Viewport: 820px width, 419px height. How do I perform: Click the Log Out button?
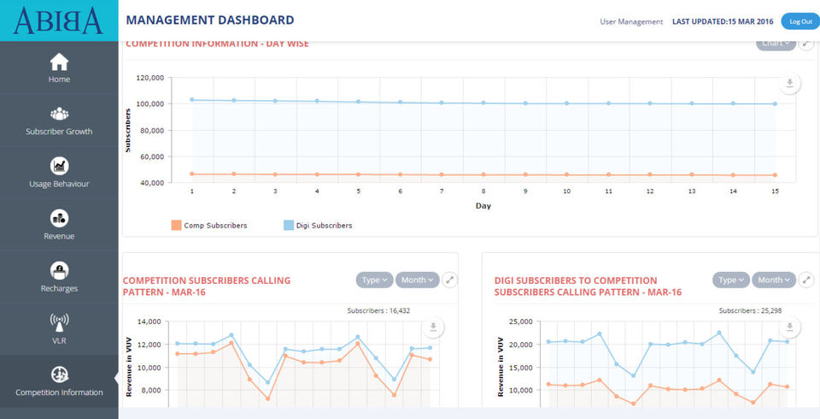[800, 21]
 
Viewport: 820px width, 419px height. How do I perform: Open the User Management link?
[631, 21]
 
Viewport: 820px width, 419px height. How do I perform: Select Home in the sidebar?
[59, 68]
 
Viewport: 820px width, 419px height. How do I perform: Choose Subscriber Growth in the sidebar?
[59, 121]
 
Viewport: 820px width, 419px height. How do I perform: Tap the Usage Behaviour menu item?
[59, 173]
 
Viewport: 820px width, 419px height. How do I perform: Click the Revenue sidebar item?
[59, 225]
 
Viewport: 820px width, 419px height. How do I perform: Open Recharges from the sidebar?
[59, 277]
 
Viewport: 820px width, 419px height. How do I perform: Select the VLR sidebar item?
[59, 329]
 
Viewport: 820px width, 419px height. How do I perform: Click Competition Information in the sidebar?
[59, 381]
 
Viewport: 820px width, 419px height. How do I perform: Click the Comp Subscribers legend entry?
[209, 226]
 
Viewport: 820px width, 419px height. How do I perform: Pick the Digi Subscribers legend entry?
[318, 226]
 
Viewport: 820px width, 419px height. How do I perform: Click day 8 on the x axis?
[483, 192]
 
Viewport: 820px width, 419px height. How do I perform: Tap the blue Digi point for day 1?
[192, 100]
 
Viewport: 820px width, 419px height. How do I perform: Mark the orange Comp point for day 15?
[775, 175]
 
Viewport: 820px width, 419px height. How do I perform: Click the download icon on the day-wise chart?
[790, 83]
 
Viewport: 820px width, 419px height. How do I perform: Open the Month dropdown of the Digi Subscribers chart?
[775, 280]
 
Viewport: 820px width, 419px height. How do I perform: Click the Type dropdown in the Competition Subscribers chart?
[374, 280]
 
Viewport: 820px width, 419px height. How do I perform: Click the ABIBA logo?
[58, 20]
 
